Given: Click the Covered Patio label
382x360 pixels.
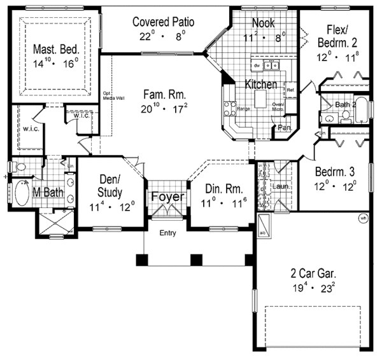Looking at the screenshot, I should tap(164, 22).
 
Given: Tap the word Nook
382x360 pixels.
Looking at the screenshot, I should tap(262, 22).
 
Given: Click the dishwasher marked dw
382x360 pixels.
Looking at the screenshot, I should tap(256, 66).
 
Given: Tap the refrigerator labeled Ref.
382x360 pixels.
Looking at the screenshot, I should tap(290, 91).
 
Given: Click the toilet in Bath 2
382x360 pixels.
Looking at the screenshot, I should tap(345, 116).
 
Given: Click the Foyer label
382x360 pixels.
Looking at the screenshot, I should tap(168, 196).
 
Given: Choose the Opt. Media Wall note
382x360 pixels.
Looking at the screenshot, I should tap(106, 95).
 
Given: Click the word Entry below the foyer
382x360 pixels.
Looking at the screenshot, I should tap(167, 233).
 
